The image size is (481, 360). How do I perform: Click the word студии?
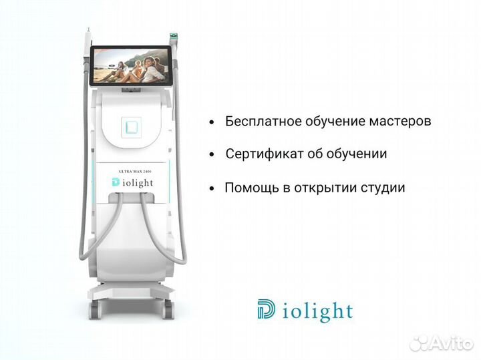(383, 188)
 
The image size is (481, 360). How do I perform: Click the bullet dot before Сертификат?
(212, 155)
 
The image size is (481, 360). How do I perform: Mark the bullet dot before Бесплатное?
(212, 123)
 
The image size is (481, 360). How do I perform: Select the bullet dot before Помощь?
(212, 189)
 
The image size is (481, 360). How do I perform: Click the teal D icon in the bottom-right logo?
(266, 311)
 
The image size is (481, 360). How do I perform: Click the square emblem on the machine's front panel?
(131, 125)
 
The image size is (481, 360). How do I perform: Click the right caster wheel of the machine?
(167, 307)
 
